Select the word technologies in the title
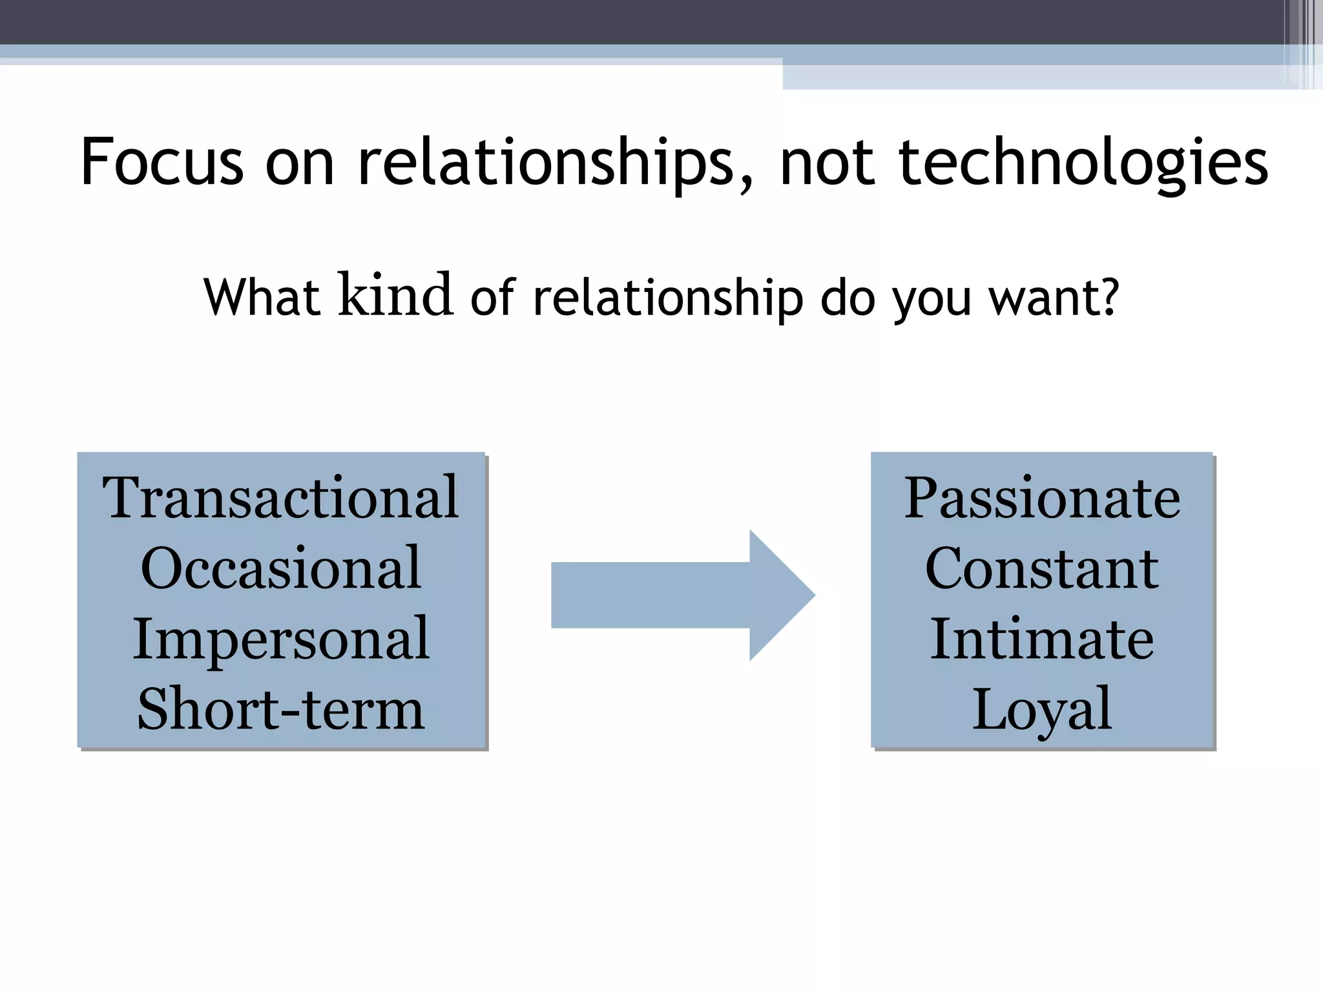tap(1083, 163)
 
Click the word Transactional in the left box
tap(281, 497)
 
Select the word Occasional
tap(281, 568)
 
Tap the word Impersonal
tap(281, 639)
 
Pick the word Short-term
tap(281, 710)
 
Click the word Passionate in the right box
tap(1042, 497)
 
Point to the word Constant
tap(1042, 568)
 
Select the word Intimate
tap(1042, 639)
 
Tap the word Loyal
tap(1042, 710)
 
